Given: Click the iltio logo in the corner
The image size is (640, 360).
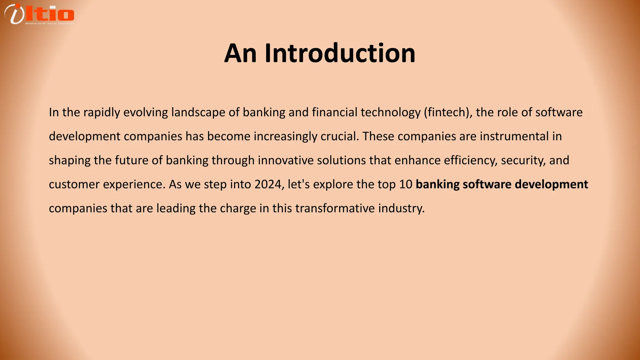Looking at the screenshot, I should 39,14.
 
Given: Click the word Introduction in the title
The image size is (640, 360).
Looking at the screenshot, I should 340,53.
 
